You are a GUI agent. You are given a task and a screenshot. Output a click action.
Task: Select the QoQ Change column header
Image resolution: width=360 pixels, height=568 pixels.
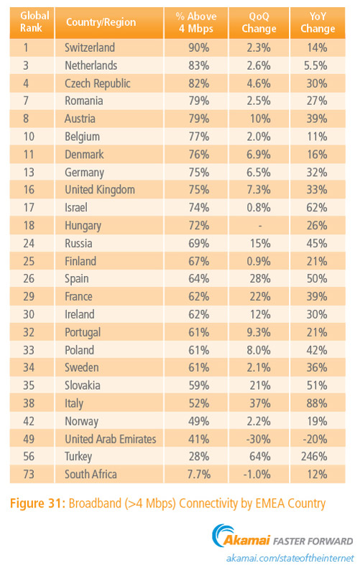pyautogui.click(x=259, y=22)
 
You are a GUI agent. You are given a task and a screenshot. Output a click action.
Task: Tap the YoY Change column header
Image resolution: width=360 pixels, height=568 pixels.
pyautogui.click(x=318, y=22)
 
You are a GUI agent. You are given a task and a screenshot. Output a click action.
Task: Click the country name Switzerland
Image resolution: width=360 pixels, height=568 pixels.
pyautogui.click(x=90, y=47)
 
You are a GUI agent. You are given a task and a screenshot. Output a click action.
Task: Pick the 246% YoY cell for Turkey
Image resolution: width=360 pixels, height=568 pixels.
pyautogui.click(x=314, y=457)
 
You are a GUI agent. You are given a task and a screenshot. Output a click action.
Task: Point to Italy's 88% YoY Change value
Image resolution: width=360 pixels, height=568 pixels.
pyautogui.click(x=317, y=403)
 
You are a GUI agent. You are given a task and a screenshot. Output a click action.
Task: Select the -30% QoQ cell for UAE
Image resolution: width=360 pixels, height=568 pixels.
pyautogui.click(x=258, y=439)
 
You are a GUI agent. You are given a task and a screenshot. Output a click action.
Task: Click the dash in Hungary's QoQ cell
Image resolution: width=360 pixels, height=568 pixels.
pyautogui.click(x=260, y=226)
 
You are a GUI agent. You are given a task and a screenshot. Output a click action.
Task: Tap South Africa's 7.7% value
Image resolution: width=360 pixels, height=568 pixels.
pyautogui.click(x=199, y=475)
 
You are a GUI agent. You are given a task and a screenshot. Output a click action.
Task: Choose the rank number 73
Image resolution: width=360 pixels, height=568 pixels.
pyautogui.click(x=29, y=475)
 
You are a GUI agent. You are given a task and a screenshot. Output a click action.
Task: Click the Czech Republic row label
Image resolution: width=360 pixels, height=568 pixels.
pyautogui.click(x=98, y=83)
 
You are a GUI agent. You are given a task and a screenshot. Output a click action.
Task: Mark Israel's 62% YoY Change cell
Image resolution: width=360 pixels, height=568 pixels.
pyautogui.click(x=317, y=208)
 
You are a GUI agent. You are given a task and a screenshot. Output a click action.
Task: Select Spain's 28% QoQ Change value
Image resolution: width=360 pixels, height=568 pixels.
pyautogui.click(x=260, y=278)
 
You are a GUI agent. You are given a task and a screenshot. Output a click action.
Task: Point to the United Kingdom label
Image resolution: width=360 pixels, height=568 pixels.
pyautogui.click(x=100, y=190)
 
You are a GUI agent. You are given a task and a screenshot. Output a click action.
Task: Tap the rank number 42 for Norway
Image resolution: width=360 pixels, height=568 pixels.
pyautogui.click(x=29, y=421)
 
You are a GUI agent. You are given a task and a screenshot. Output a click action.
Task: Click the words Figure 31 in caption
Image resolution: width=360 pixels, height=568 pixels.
pyautogui.click(x=37, y=503)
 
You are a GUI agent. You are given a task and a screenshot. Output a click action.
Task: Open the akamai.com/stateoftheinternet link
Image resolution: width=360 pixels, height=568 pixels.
pyautogui.click(x=290, y=558)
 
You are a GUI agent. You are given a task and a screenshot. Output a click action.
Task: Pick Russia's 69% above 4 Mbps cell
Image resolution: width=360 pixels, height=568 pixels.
pyautogui.click(x=199, y=243)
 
